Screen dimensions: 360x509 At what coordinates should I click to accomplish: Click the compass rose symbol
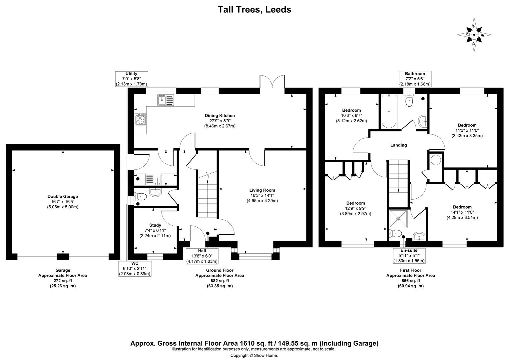pyautogui.click(x=474, y=35)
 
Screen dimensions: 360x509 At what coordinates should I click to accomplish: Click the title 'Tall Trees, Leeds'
pyautogui.click(x=254, y=9)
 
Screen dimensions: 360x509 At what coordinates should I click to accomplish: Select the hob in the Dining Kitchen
pyautogui.click(x=140, y=119)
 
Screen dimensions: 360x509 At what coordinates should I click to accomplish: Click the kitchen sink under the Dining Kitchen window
pyautogui.click(x=166, y=100)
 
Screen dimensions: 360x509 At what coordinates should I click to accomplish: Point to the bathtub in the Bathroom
pyautogui.click(x=388, y=111)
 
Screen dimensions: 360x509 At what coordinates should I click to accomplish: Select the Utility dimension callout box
pyautogui.click(x=131, y=79)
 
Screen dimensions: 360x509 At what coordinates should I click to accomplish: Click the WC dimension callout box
pyautogui.click(x=135, y=269)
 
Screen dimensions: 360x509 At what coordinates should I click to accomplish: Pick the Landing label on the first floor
pyautogui.click(x=398, y=145)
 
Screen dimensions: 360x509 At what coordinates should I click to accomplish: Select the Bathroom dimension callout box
pyautogui.click(x=415, y=79)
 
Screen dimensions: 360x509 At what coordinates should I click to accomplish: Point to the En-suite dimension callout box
pyautogui.click(x=409, y=256)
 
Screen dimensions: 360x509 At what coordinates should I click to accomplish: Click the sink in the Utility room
pyautogui.click(x=154, y=179)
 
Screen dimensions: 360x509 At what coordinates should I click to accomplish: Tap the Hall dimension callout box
pyautogui.click(x=202, y=256)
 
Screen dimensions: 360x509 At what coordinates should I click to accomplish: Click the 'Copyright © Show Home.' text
pyautogui.click(x=254, y=355)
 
